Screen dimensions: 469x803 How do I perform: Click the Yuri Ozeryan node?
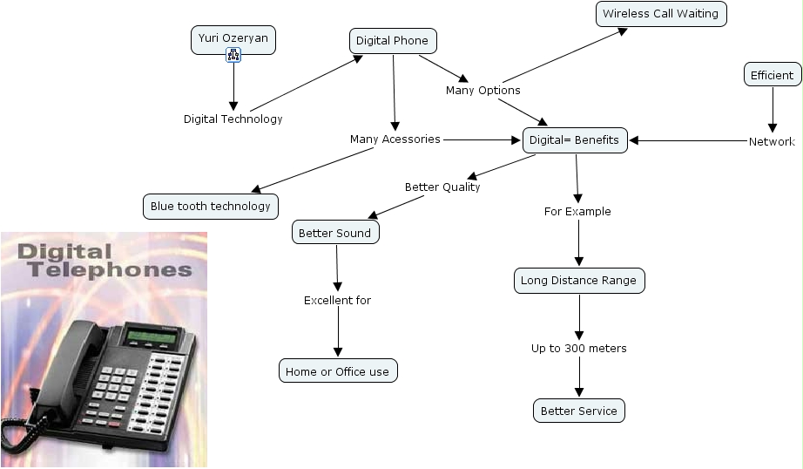tap(233, 38)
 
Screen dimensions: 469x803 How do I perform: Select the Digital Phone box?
tap(392, 41)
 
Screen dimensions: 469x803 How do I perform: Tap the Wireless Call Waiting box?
tap(660, 14)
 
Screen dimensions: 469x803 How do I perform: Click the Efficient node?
tap(772, 75)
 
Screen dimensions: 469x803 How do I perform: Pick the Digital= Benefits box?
tap(574, 140)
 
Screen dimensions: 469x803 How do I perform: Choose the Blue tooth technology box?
tap(210, 207)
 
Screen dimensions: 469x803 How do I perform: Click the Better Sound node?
tap(334, 233)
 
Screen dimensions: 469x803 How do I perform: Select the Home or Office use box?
tap(337, 371)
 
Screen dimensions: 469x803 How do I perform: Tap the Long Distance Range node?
tap(579, 281)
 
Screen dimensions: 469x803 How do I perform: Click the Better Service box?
tap(578, 411)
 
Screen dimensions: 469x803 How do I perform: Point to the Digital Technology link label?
tap(233, 119)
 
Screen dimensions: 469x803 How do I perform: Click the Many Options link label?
tap(482, 91)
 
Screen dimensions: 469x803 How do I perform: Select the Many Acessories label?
tap(395, 139)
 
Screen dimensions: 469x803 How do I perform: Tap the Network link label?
tap(772, 141)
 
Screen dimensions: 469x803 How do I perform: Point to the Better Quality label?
tap(442, 187)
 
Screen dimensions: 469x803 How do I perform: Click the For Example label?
tap(577, 212)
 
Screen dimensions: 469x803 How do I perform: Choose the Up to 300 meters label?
tap(578, 349)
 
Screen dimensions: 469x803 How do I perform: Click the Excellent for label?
tap(337, 301)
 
